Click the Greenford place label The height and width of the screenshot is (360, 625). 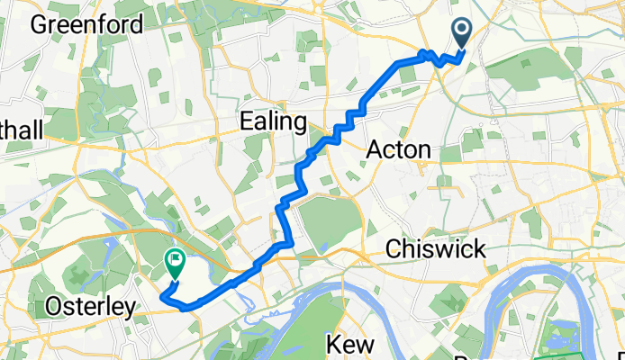tap(86, 23)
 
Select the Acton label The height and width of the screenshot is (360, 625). tap(399, 150)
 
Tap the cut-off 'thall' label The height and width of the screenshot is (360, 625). tap(20, 130)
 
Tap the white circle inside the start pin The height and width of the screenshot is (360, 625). tap(462, 31)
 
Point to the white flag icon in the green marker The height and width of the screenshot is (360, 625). tap(174, 262)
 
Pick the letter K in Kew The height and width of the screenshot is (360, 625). tap(330, 344)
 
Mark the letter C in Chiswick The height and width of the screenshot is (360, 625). tap(392, 248)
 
